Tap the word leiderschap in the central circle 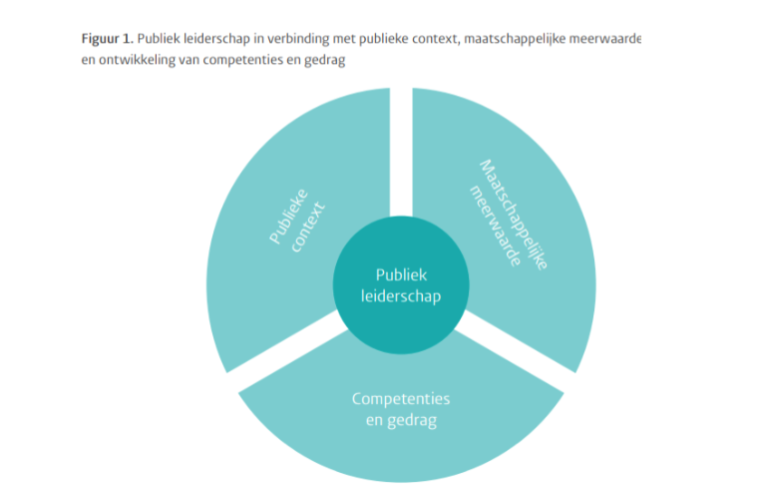coord(400,296)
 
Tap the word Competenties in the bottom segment coord(401,399)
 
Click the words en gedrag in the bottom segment coord(401,420)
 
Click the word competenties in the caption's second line coord(229,59)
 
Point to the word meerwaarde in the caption coord(609,39)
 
